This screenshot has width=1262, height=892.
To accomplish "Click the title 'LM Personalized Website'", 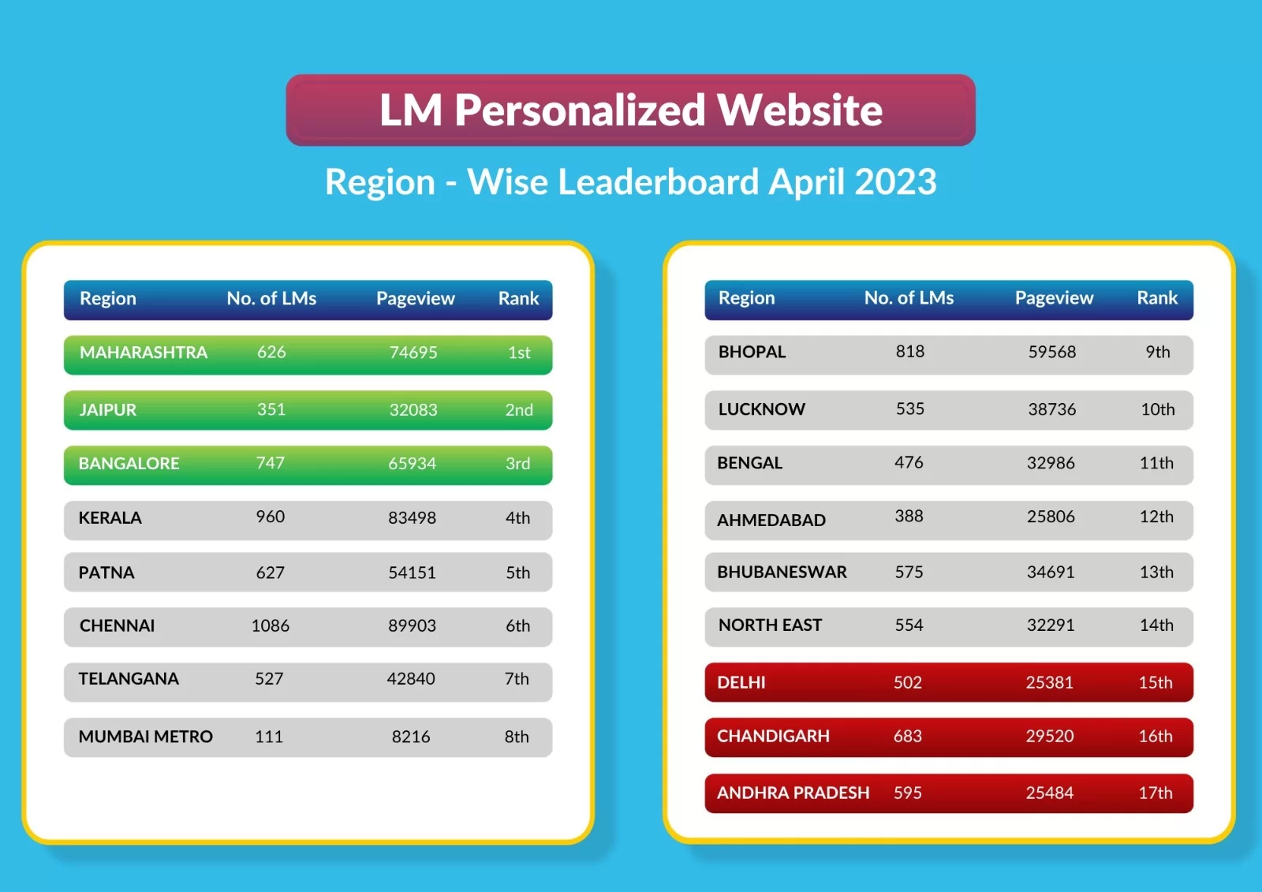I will pyautogui.click(x=630, y=110).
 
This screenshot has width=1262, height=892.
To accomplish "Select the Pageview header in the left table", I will pyautogui.click(x=415, y=299).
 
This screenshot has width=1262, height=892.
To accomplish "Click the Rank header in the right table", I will pyautogui.click(x=1156, y=298).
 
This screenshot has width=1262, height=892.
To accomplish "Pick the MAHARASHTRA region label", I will pyautogui.click(x=144, y=353).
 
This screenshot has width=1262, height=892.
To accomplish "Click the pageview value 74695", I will pyautogui.click(x=413, y=353).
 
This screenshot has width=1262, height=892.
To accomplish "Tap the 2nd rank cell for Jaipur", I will pyautogui.click(x=519, y=410).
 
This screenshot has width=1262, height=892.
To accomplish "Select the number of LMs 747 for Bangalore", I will pyautogui.click(x=270, y=463).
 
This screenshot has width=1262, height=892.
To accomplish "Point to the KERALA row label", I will pyautogui.click(x=110, y=518).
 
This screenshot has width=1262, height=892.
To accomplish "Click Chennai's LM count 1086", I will pyautogui.click(x=270, y=626).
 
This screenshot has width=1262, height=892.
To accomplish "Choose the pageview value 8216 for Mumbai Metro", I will pyautogui.click(x=411, y=737).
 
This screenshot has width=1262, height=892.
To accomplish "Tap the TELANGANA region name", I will pyautogui.click(x=129, y=679).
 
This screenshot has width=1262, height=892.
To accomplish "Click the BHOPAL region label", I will pyautogui.click(x=752, y=352).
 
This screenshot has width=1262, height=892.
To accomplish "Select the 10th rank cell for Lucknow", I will pyautogui.click(x=1157, y=409).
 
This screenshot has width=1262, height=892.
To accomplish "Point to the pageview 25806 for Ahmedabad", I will pyautogui.click(x=1051, y=517).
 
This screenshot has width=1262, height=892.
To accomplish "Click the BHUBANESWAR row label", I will pyautogui.click(x=782, y=572).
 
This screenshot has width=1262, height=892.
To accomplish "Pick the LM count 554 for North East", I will pyautogui.click(x=909, y=625).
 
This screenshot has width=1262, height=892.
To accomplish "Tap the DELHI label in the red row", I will pyautogui.click(x=741, y=682).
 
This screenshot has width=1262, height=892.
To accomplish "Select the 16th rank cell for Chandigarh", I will pyautogui.click(x=1156, y=737).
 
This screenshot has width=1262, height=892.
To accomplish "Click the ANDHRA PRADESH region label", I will pyautogui.click(x=793, y=793).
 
